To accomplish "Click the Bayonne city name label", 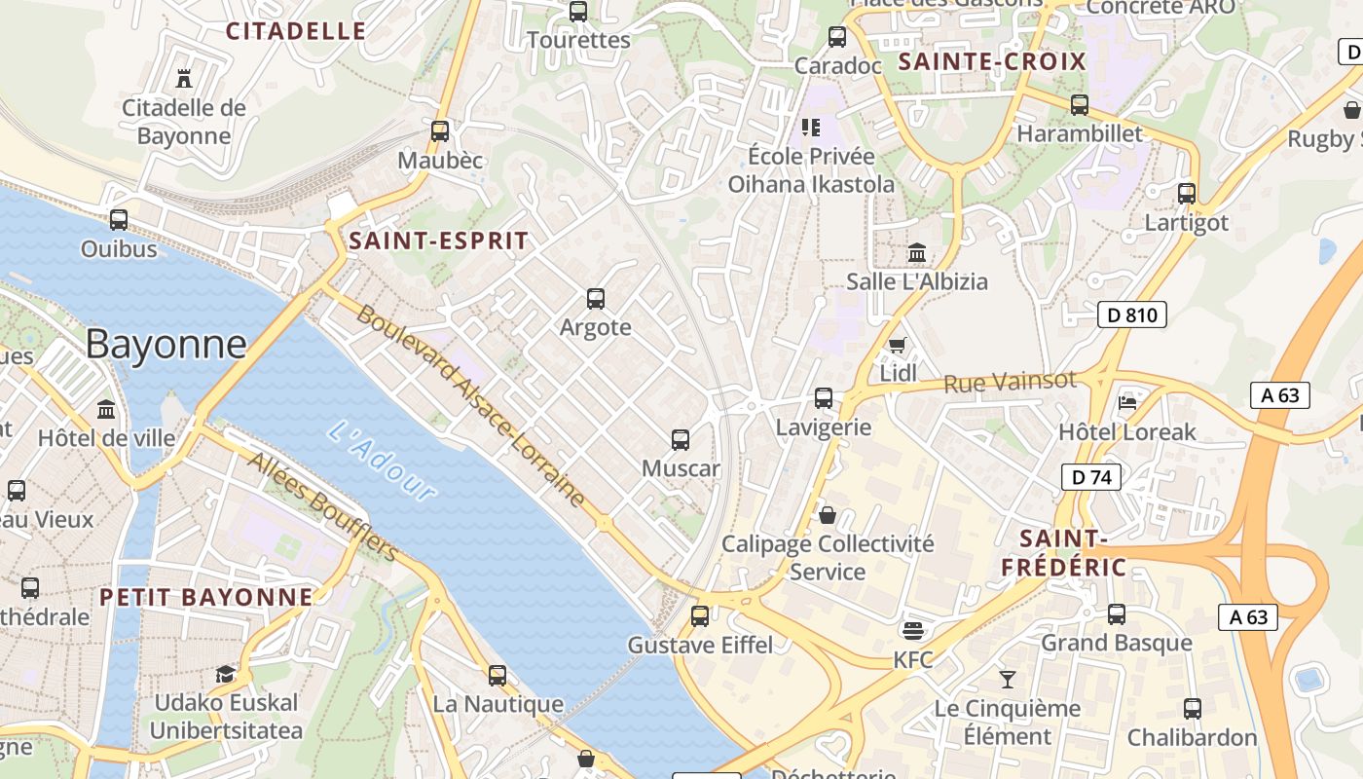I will (166, 345).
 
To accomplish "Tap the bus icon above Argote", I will (596, 299).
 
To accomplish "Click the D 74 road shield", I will (1091, 477).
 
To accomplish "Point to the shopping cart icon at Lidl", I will (898, 346).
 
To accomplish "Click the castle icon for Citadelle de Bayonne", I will (184, 78).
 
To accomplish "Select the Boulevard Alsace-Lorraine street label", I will (471, 405).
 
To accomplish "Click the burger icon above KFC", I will (913, 631).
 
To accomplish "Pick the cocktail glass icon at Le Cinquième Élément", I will (1008, 679).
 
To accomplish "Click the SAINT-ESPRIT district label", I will (438, 241).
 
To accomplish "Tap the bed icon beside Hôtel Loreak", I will (1127, 402).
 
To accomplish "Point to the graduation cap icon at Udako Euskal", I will (226, 674).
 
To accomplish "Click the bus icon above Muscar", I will (681, 440).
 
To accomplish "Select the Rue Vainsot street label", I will (1010, 381).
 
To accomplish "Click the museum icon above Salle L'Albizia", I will (916, 253).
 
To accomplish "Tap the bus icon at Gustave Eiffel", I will (700, 615).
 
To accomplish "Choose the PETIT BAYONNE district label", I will (206, 597).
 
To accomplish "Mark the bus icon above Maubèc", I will (440, 131).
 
